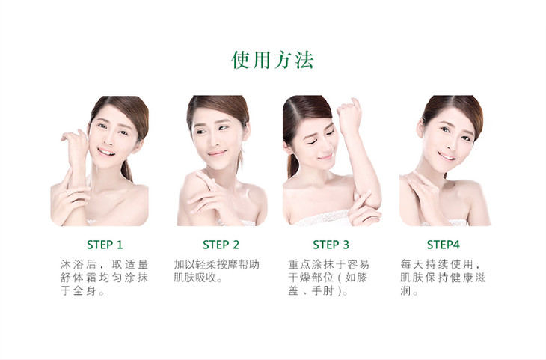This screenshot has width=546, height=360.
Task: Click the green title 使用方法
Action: click(273, 60)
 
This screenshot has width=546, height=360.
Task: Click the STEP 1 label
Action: click(105, 245)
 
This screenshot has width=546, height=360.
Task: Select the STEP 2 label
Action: click(221, 245)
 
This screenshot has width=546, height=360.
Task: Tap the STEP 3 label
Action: click(331, 245)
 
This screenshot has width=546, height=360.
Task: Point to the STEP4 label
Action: click(443, 245)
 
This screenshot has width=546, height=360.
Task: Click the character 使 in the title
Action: click(241, 60)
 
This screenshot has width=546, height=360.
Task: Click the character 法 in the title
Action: click(304, 60)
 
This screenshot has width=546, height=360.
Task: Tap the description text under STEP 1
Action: click(104, 278)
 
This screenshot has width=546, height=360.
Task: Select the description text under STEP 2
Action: click(217, 271)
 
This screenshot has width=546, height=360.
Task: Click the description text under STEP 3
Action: click(328, 278)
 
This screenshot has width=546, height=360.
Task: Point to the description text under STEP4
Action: click(442, 278)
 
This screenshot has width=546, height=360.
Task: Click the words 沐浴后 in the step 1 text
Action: click(79, 264)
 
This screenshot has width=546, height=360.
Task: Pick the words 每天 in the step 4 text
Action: click(412, 264)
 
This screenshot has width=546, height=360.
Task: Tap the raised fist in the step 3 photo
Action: click(349, 116)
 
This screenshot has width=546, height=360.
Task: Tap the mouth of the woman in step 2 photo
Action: click(218, 153)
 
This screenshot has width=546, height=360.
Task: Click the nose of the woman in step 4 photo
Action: click(450, 142)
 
